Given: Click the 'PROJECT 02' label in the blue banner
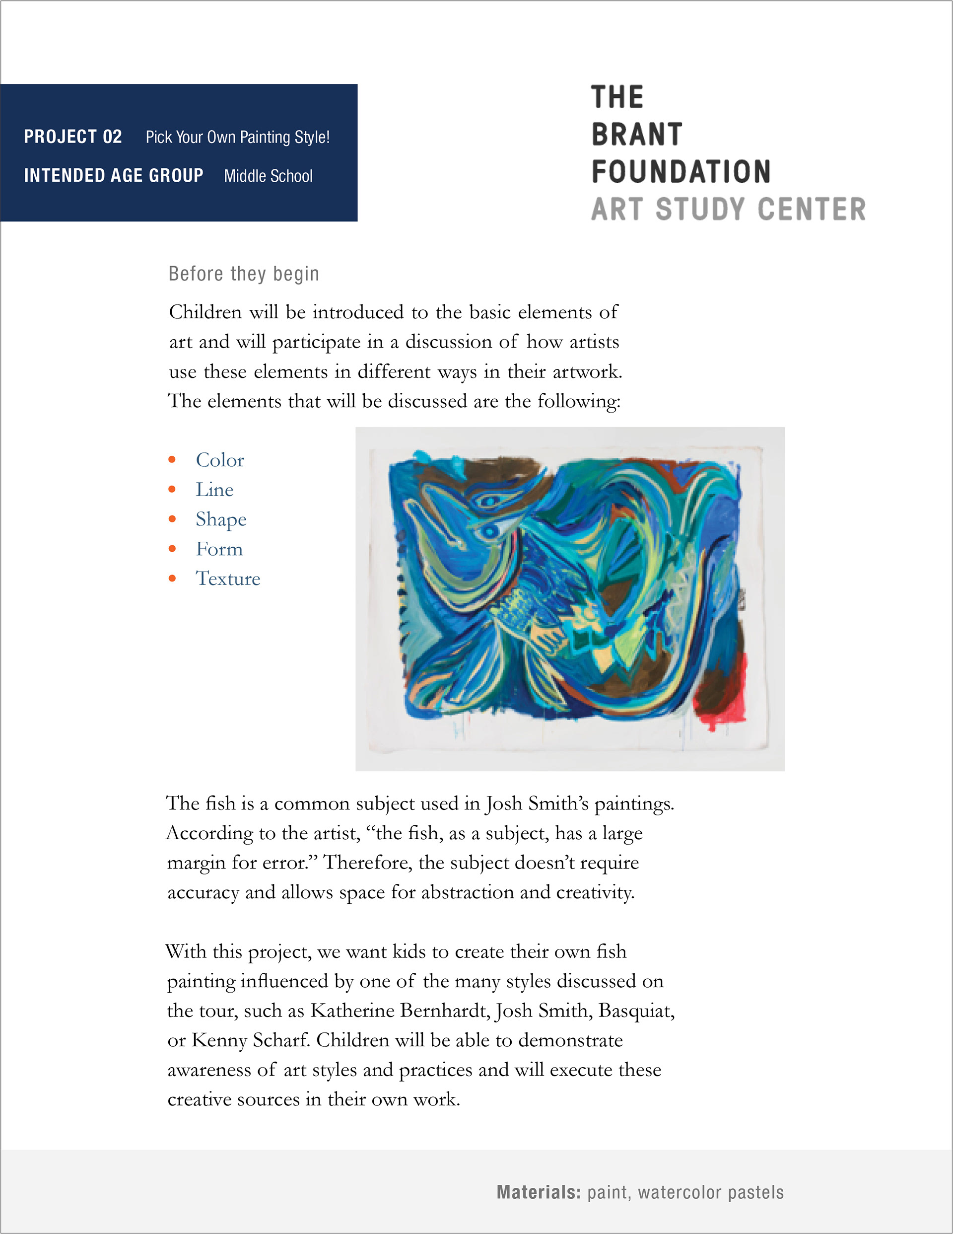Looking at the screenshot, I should [x=73, y=137].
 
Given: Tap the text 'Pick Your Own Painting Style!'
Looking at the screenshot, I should [x=237, y=137].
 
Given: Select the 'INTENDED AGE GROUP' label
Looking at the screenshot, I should [x=114, y=176].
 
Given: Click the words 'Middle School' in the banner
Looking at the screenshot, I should [x=268, y=176].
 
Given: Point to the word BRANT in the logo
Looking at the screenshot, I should [x=637, y=135].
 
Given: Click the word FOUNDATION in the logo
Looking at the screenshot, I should [x=681, y=172].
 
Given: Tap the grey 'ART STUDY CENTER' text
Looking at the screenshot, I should [x=728, y=209].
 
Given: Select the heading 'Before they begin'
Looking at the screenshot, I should [x=244, y=274].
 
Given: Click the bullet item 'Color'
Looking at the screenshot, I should [x=220, y=460].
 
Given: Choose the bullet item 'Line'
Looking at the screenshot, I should [x=214, y=490].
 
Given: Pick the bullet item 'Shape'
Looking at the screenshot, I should [x=221, y=519].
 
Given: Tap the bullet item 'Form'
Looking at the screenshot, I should [x=219, y=549].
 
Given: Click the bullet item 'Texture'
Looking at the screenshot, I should [x=228, y=579].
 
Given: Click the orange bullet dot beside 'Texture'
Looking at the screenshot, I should [x=172, y=579].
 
